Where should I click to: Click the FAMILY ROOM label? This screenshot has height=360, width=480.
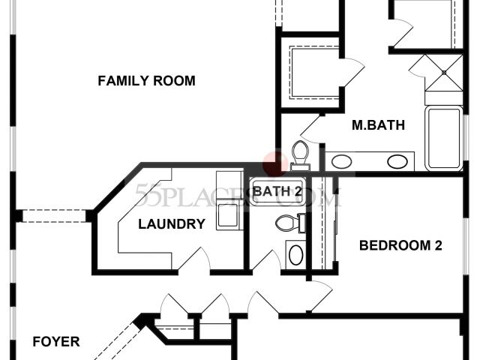click(x=146, y=81)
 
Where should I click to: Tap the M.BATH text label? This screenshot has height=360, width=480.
click(x=378, y=125)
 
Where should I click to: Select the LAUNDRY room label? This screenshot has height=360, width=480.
click(x=172, y=223)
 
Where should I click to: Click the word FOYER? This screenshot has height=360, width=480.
click(x=56, y=342)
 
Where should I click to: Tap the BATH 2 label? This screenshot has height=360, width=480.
click(x=277, y=191)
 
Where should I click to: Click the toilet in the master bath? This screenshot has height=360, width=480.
click(x=300, y=152)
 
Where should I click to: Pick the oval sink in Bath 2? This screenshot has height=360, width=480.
click(x=295, y=255)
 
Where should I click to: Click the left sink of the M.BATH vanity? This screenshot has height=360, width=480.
click(x=342, y=160)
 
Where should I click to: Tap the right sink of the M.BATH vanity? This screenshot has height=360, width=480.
click(x=398, y=160)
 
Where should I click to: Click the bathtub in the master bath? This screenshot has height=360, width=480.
click(x=444, y=138)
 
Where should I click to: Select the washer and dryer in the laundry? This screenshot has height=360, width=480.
click(x=227, y=200)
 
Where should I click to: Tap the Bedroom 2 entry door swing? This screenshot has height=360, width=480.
click(x=320, y=295)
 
